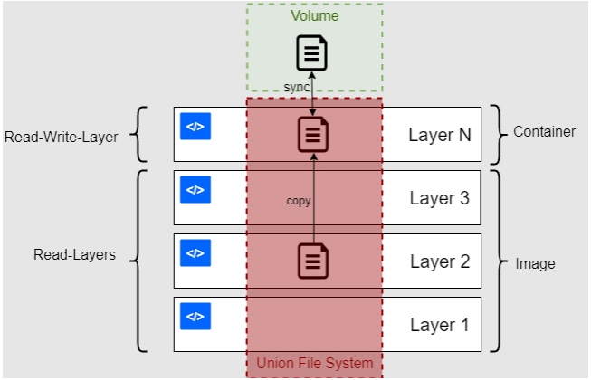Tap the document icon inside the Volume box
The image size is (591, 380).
click(312, 53)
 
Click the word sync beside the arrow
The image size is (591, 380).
click(297, 86)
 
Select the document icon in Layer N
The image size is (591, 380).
click(313, 135)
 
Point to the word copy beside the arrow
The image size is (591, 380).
click(299, 200)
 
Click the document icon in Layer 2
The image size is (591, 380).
click(313, 261)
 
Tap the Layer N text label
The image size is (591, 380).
click(439, 135)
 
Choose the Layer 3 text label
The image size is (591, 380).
click(439, 198)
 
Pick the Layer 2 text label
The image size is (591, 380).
click(439, 261)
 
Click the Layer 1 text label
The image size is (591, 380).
click(439, 325)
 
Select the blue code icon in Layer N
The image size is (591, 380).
click(195, 127)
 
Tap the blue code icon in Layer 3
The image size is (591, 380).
click(195, 190)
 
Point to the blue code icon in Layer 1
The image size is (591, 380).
click(195, 317)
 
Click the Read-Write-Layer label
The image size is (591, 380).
click(62, 138)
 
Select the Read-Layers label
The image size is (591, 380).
click(75, 255)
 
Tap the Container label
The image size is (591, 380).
click(544, 132)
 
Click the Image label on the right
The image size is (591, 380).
click(535, 264)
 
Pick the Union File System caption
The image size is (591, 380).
click(314, 364)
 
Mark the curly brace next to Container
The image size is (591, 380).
click(496, 133)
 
